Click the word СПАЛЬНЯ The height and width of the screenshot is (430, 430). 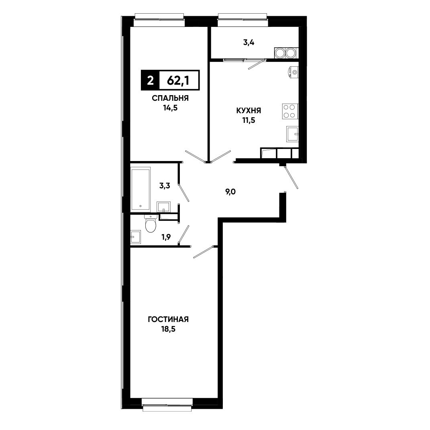pos(170,98)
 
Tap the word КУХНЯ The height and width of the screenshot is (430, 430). pos(249,110)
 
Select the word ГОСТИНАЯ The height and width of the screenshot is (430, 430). pos(168,320)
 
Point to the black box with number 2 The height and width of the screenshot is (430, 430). pos(150,80)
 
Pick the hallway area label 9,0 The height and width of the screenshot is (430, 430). pos(230,192)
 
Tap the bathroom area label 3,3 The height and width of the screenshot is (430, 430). pos(165,185)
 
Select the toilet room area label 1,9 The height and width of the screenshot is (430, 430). pos(166,237)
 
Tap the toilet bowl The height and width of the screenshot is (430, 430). pos(150,223)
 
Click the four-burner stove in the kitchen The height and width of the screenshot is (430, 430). pos(290,111)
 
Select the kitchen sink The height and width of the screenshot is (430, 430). pos(292,134)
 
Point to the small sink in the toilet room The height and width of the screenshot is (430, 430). pos(135,236)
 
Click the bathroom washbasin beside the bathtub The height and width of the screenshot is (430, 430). pos(164,207)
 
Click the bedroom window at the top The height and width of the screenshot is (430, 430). pos(159,20)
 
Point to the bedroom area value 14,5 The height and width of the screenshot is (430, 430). pos(170,108)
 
